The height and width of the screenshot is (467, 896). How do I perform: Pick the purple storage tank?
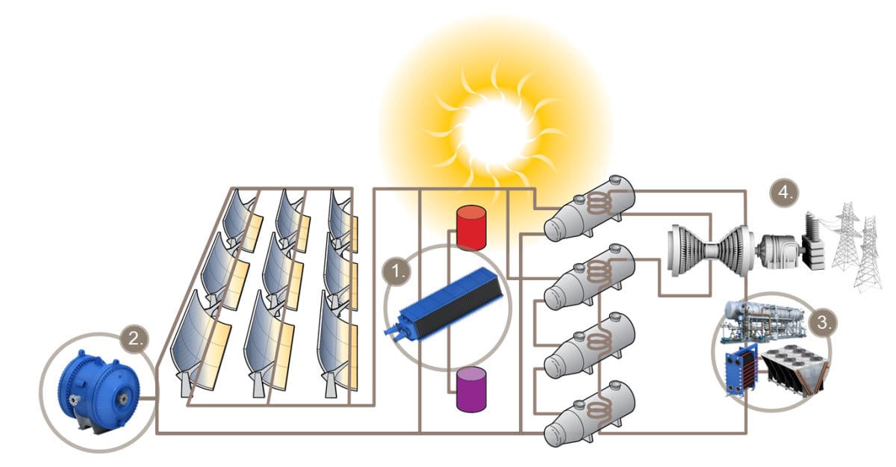tap(471, 389)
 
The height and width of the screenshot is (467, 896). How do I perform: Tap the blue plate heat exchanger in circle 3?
tap(742, 370)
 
